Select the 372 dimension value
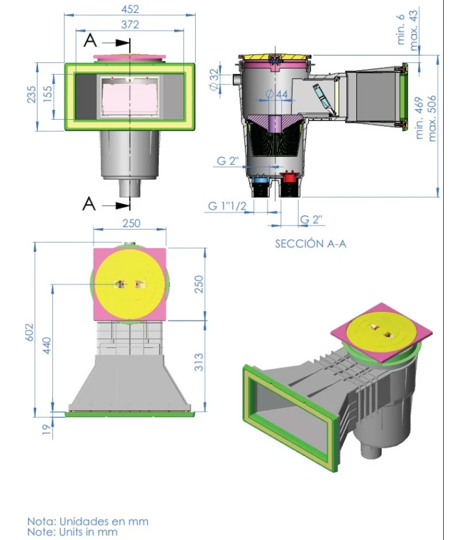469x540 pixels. (130, 25)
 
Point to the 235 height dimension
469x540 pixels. (31, 95)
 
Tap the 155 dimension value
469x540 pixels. (47, 95)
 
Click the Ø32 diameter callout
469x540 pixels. (214, 78)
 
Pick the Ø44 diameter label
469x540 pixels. (276, 94)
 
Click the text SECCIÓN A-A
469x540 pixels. (311, 243)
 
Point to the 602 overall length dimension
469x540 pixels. (30, 335)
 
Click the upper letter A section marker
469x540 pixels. (90, 41)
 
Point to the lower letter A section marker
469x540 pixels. (89, 204)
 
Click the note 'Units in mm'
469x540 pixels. (73, 532)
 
